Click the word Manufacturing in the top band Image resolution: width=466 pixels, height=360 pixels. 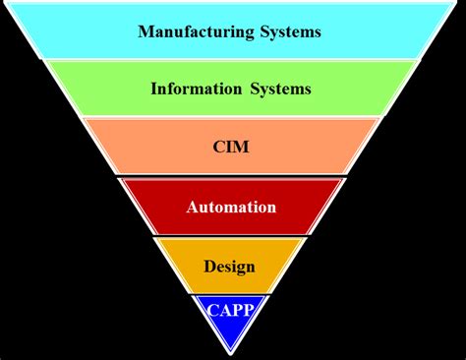point(191,31)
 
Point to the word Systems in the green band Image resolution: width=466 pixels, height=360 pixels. point(279,89)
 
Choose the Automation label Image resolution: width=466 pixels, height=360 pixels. point(231,208)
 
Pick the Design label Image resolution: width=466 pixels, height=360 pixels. point(229,266)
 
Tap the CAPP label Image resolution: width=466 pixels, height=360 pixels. point(230,310)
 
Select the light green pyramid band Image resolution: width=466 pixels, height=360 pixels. point(98,89)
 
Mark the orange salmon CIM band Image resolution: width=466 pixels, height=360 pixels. point(138,148)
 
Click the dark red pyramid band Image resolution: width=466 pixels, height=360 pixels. point(157,208)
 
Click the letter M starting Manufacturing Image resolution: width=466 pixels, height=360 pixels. point(145,31)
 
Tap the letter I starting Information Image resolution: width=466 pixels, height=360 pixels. point(153,89)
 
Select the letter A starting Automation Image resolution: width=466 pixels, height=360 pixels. point(193,208)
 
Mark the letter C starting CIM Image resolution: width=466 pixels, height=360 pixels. point(218,148)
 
